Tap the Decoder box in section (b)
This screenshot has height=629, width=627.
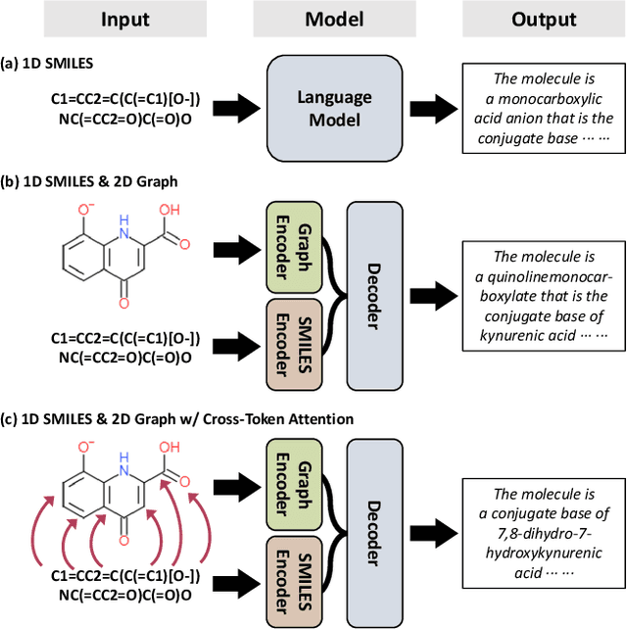[x=372, y=294]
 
